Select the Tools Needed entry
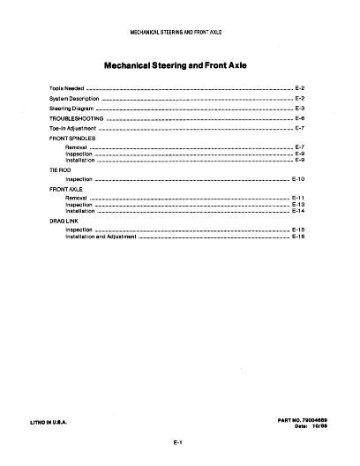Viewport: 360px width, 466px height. click(x=66, y=89)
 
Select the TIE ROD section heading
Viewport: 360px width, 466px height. click(x=58, y=169)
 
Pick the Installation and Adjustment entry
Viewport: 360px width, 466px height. click(x=98, y=237)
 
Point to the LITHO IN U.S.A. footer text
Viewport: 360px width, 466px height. click(x=67, y=422)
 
